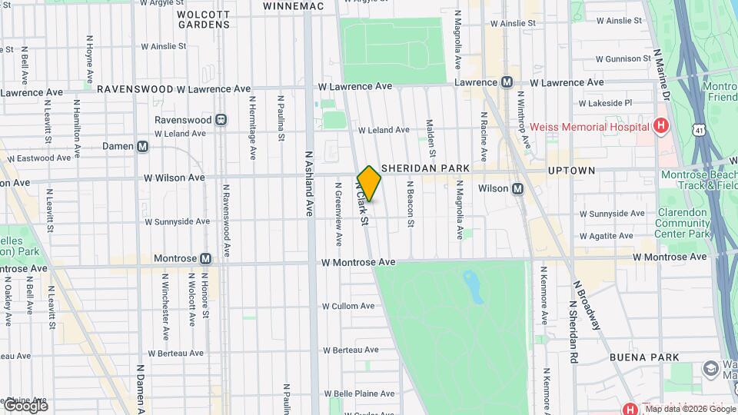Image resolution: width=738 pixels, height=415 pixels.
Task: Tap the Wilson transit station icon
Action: (x=517, y=189)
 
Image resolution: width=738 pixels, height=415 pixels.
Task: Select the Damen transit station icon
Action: (x=143, y=146)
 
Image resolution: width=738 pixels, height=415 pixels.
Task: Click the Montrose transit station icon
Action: (x=205, y=259)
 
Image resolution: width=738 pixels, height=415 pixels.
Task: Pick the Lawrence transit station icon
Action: (x=507, y=82)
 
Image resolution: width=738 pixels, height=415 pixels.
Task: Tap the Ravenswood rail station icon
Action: (x=221, y=120)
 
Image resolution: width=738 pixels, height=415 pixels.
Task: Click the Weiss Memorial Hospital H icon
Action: (x=660, y=126)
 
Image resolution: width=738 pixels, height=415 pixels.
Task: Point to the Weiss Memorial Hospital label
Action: (x=587, y=126)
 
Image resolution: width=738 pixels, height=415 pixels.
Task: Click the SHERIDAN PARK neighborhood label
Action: (x=424, y=168)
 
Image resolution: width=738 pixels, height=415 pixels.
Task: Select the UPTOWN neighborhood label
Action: (x=571, y=170)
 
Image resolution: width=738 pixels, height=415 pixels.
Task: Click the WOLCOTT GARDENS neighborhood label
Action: (x=203, y=19)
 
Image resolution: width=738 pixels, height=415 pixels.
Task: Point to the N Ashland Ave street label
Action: (x=309, y=183)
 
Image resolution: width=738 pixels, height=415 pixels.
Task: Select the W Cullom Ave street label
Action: (x=347, y=306)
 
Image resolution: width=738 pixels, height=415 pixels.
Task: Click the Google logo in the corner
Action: (x=25, y=406)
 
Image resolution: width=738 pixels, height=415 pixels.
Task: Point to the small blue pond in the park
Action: (x=472, y=286)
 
